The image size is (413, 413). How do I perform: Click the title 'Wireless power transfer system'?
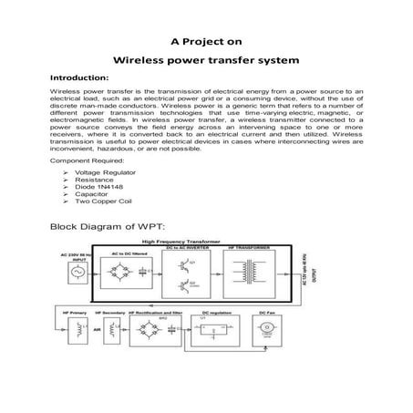click(x=206, y=65)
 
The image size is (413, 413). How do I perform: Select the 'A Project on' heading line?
click(x=206, y=41)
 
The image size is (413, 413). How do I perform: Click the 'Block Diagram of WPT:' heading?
click(x=107, y=224)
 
